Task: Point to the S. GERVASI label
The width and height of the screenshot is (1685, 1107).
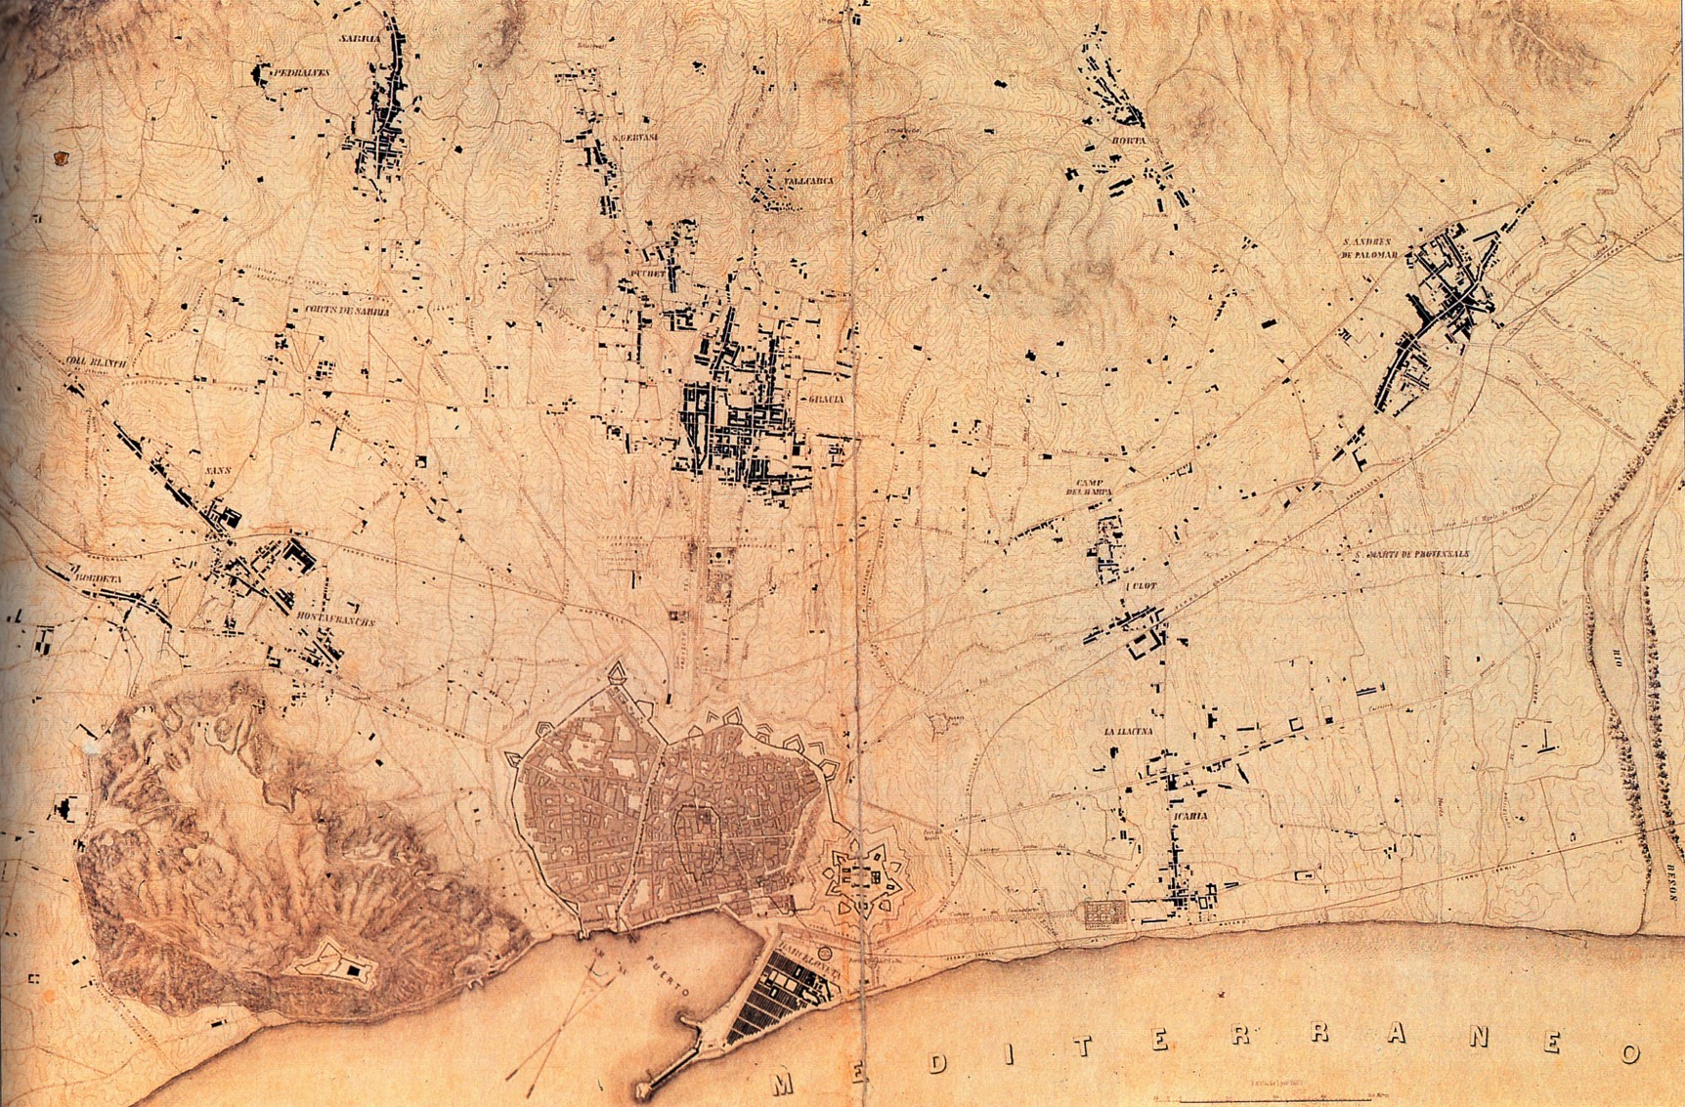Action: coord(633,139)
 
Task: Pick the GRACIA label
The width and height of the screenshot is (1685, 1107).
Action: coord(822,400)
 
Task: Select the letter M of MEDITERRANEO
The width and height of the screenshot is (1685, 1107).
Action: coord(781,1083)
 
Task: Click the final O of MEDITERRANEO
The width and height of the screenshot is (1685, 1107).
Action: coord(1629,1053)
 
